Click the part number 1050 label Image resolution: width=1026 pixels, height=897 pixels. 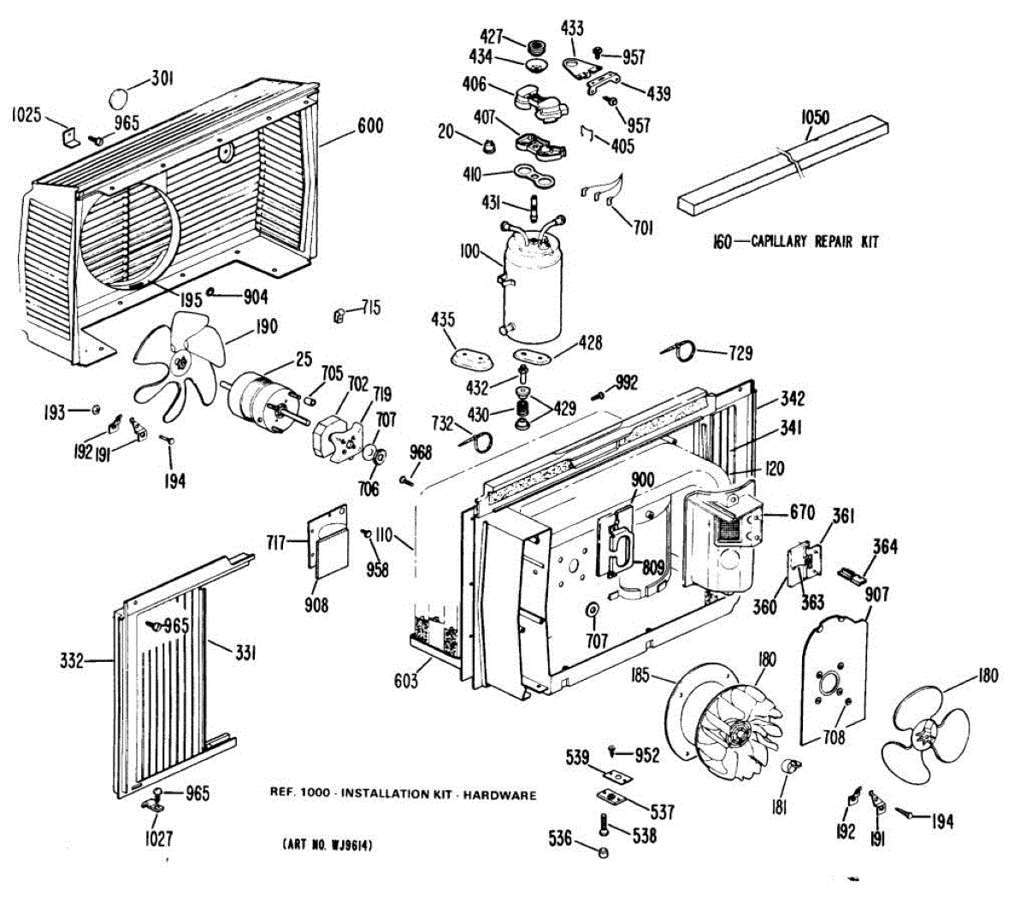point(814,117)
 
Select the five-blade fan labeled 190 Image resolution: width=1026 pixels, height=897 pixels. point(180,363)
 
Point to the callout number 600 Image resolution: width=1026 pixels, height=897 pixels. point(369,126)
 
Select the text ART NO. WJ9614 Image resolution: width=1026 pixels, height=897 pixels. point(327,845)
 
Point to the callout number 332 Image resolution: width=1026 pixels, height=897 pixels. point(73,660)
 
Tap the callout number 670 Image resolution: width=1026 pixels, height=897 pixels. point(801,515)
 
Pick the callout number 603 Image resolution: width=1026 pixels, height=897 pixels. point(406,680)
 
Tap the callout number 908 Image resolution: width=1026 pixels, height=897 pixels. point(316,605)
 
